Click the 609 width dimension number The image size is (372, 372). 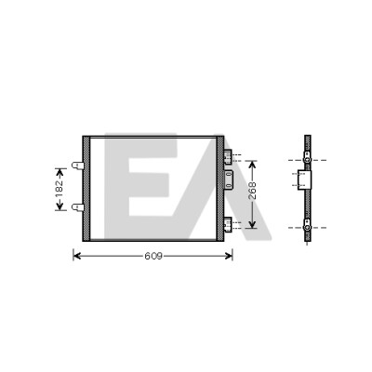(153, 256)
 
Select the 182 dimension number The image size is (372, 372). (60, 189)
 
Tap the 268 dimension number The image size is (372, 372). (253, 191)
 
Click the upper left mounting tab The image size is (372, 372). (77, 166)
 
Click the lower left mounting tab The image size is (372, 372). (77, 207)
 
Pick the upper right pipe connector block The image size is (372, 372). (228, 156)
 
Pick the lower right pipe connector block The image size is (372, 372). (228, 224)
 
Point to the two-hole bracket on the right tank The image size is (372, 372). (229, 179)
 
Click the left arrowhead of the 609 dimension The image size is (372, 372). (76, 256)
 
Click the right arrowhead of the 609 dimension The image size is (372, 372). (229, 256)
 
